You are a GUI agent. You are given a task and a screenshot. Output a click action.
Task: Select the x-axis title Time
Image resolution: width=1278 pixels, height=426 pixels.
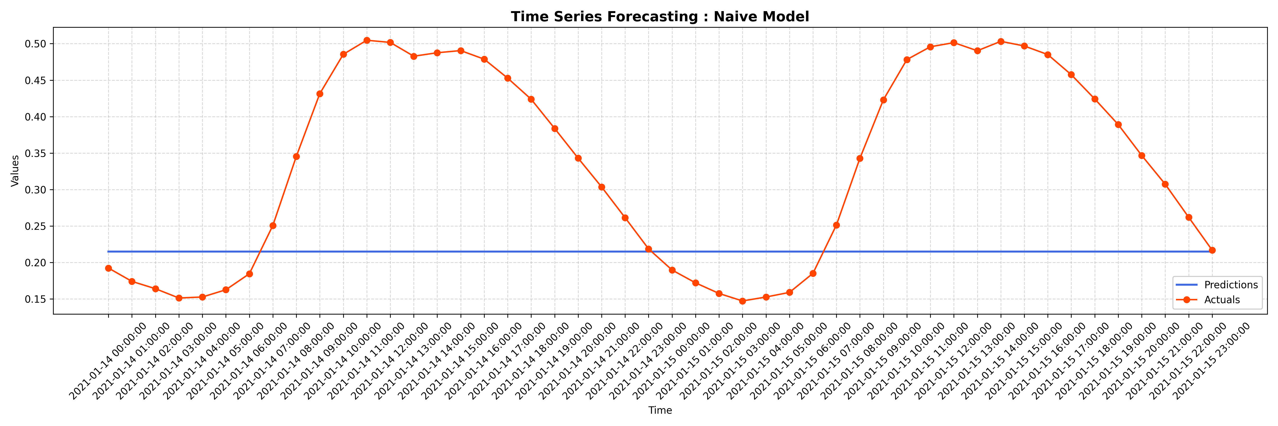(660, 410)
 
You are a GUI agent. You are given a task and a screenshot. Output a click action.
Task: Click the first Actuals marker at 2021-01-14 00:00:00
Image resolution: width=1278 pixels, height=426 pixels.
(108, 268)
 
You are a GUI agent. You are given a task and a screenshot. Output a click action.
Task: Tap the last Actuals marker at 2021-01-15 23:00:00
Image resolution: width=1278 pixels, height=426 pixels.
(1212, 250)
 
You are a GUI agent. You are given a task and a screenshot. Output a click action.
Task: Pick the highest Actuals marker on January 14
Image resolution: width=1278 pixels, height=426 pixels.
(367, 40)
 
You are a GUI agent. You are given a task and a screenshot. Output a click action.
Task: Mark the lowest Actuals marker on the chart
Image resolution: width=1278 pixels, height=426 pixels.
(742, 301)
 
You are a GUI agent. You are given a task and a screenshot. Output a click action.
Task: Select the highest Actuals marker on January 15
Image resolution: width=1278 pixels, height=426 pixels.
(1001, 42)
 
